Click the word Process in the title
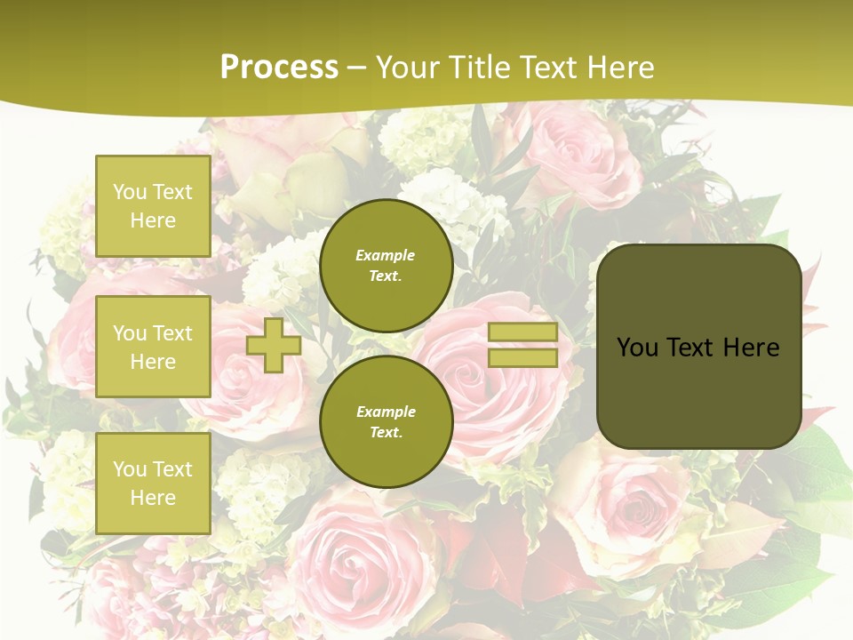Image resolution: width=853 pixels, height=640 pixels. click(x=279, y=68)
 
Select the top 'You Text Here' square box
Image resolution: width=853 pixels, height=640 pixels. click(x=153, y=206)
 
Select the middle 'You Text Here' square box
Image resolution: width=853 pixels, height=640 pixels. click(x=153, y=347)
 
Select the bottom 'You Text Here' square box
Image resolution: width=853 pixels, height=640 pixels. click(x=153, y=484)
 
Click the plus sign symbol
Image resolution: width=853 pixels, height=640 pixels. click(x=274, y=345)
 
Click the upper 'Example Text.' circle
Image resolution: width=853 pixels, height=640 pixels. click(x=386, y=266)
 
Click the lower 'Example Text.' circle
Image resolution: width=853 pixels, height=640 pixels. click(x=386, y=422)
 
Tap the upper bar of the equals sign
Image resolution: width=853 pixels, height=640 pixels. click(x=522, y=332)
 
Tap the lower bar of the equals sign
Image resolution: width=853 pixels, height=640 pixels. click(x=522, y=358)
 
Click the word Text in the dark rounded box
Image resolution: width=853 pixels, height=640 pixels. click(x=690, y=347)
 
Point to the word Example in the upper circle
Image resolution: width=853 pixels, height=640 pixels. click(x=386, y=255)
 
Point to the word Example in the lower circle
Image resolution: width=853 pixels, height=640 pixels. click(x=386, y=412)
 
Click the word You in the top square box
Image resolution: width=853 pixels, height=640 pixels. click(x=130, y=192)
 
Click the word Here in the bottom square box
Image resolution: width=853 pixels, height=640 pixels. click(x=153, y=498)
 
